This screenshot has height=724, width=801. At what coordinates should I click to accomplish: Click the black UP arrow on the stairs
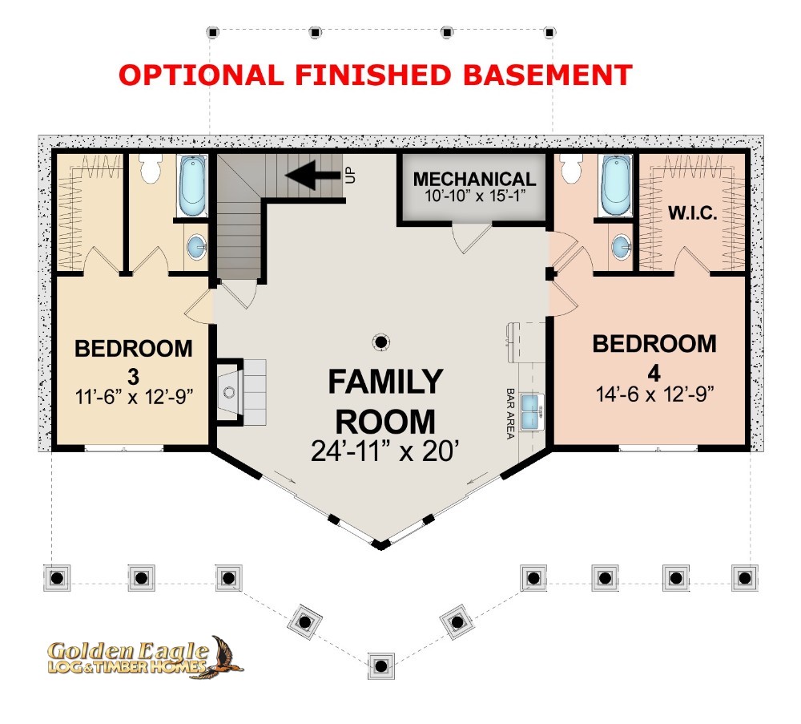(x=312, y=175)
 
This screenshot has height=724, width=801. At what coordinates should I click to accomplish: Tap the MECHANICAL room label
(x=474, y=179)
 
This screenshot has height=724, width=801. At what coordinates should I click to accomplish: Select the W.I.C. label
(x=693, y=212)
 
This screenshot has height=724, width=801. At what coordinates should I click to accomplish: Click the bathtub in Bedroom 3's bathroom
(x=192, y=186)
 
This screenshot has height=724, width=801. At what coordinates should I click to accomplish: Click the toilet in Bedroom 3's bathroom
(x=151, y=168)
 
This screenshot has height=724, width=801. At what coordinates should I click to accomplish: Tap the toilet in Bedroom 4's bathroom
(x=571, y=167)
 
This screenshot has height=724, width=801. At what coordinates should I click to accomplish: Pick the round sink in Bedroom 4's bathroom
(x=622, y=247)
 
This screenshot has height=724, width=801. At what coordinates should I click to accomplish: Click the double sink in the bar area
(x=533, y=411)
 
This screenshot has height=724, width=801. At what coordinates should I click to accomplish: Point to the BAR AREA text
(x=509, y=414)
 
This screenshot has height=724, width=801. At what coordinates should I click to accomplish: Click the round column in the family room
(x=381, y=342)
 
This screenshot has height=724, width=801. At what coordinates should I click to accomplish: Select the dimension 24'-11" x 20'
(x=385, y=451)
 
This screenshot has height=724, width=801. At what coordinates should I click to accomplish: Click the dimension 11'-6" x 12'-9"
(x=134, y=397)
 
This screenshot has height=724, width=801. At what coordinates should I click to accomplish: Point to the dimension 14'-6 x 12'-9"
(x=654, y=394)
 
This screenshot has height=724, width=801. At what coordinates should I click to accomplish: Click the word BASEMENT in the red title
(x=548, y=75)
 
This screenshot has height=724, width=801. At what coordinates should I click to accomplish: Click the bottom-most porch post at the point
(x=380, y=665)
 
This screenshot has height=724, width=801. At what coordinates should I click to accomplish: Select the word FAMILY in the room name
(x=385, y=382)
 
